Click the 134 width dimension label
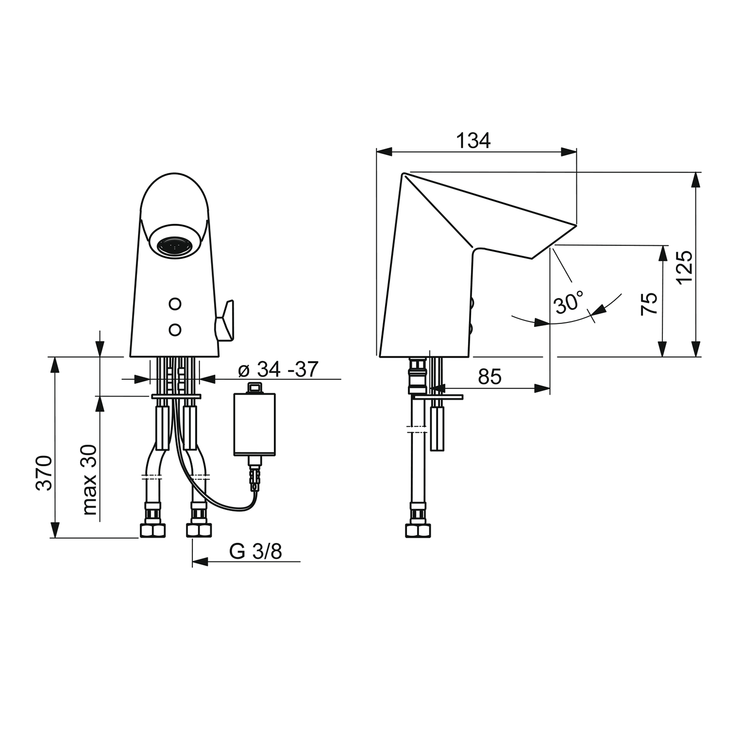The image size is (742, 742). (x=473, y=140)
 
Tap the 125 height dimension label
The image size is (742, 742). (x=685, y=267)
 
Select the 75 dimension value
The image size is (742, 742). (x=649, y=304)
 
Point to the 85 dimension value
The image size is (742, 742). (x=490, y=377)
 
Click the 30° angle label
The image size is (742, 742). (x=569, y=302)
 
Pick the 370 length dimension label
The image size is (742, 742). (x=44, y=472)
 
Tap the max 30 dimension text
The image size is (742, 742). (x=90, y=480)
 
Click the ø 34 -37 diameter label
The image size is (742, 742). (x=278, y=369)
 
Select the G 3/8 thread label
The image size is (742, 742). (x=256, y=551)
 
